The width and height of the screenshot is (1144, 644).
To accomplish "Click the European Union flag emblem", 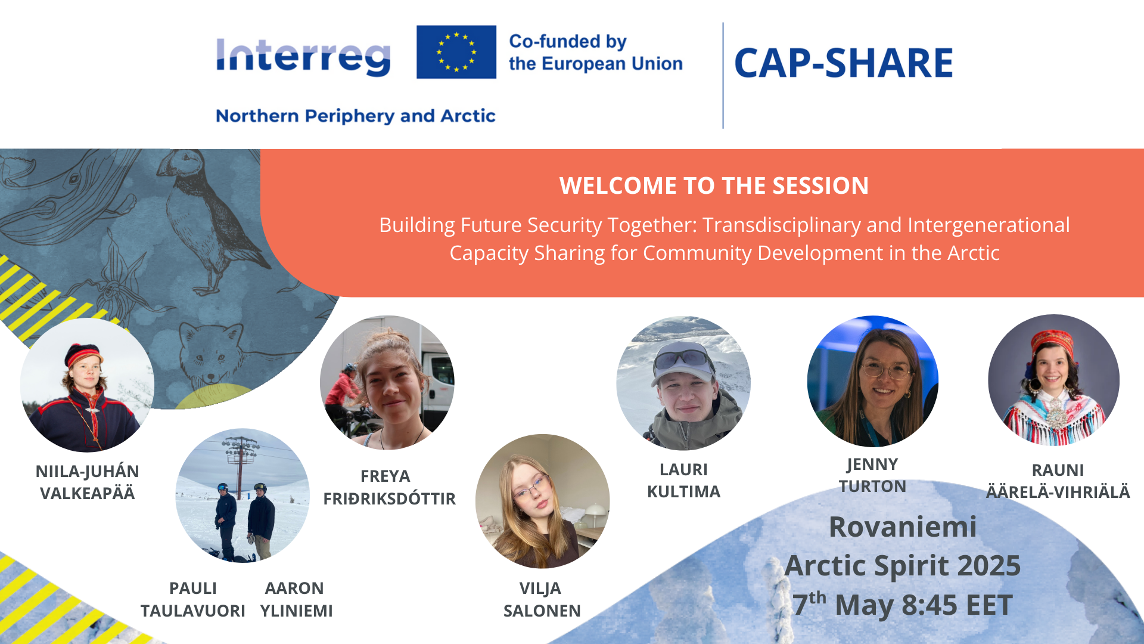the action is click(x=456, y=52).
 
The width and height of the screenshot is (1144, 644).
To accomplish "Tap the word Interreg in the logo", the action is click(x=303, y=57).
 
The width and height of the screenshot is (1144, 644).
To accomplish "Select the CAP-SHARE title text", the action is click(x=844, y=63).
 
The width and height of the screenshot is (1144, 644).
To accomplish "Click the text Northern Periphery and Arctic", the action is click(x=356, y=116).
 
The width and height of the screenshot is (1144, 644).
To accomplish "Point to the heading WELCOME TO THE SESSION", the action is click(x=714, y=185).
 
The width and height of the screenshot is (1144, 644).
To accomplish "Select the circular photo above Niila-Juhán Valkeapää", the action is click(x=87, y=385).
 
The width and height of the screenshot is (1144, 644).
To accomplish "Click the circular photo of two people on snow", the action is click(x=243, y=496).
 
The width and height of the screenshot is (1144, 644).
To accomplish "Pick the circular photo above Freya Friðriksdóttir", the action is click(x=387, y=382).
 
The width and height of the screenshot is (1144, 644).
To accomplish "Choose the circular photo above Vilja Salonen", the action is click(x=542, y=501).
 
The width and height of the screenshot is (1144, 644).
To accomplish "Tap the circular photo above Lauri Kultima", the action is click(x=683, y=383).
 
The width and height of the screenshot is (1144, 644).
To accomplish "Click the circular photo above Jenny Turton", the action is click(x=873, y=381).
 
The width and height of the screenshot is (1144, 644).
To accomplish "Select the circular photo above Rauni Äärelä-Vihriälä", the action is click(x=1053, y=380).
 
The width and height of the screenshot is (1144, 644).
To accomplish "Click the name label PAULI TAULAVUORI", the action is click(x=193, y=599).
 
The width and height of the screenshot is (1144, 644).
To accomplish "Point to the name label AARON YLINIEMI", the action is click(x=296, y=599).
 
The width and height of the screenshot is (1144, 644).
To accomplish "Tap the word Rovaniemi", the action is click(x=903, y=527).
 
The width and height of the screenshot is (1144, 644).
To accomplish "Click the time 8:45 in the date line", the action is click(x=929, y=605).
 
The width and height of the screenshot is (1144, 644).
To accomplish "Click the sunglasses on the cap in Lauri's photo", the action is click(x=683, y=358).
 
